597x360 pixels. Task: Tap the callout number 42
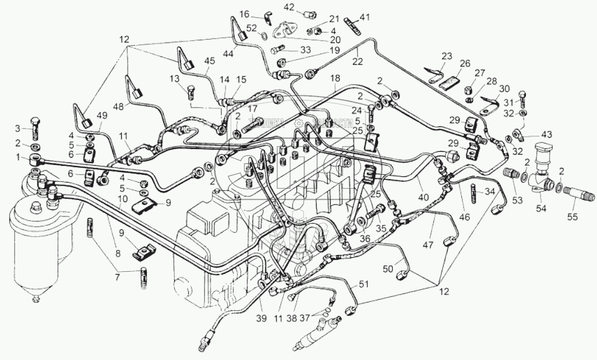tap(289, 7)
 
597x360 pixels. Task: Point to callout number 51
tap(364, 285)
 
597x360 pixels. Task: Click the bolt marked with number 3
tap(36, 129)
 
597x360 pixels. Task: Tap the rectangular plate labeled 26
tap(451, 83)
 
